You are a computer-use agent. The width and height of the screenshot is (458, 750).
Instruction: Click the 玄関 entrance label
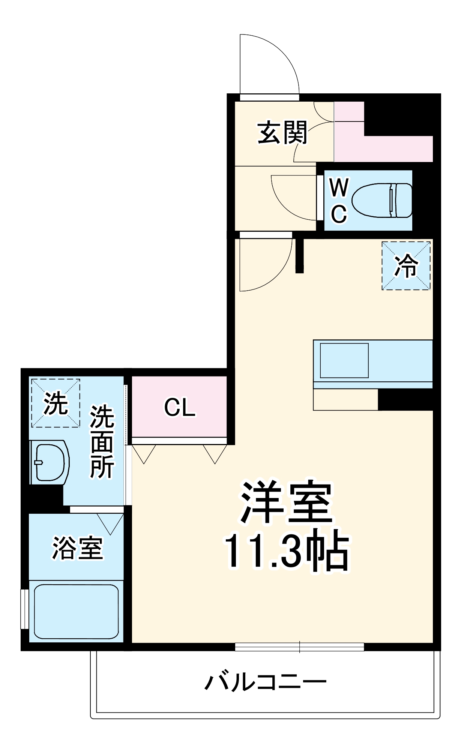pos(282,132)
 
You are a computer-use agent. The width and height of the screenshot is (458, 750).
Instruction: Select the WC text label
pos(339,200)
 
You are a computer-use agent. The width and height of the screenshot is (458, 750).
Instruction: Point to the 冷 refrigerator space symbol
pos(406,265)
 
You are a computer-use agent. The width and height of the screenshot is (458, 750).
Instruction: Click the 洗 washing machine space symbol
pos(56,403)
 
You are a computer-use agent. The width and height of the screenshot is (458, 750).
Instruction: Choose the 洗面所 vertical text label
pos(102,441)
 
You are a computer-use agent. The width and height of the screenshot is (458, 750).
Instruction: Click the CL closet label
pos(180,407)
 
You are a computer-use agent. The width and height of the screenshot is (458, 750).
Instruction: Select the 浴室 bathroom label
pos(77,548)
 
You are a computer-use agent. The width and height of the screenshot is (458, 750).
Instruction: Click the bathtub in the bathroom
pos(76,611)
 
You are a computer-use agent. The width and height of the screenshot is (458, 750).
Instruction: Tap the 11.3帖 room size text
pos(287,550)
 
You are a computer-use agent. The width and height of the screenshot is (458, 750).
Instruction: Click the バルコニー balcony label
pos(266,682)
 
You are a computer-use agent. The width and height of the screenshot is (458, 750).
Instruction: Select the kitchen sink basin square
pos(344,360)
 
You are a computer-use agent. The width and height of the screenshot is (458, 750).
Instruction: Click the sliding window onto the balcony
pos(299,647)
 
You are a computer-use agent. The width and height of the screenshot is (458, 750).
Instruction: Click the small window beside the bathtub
pos(24,609)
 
